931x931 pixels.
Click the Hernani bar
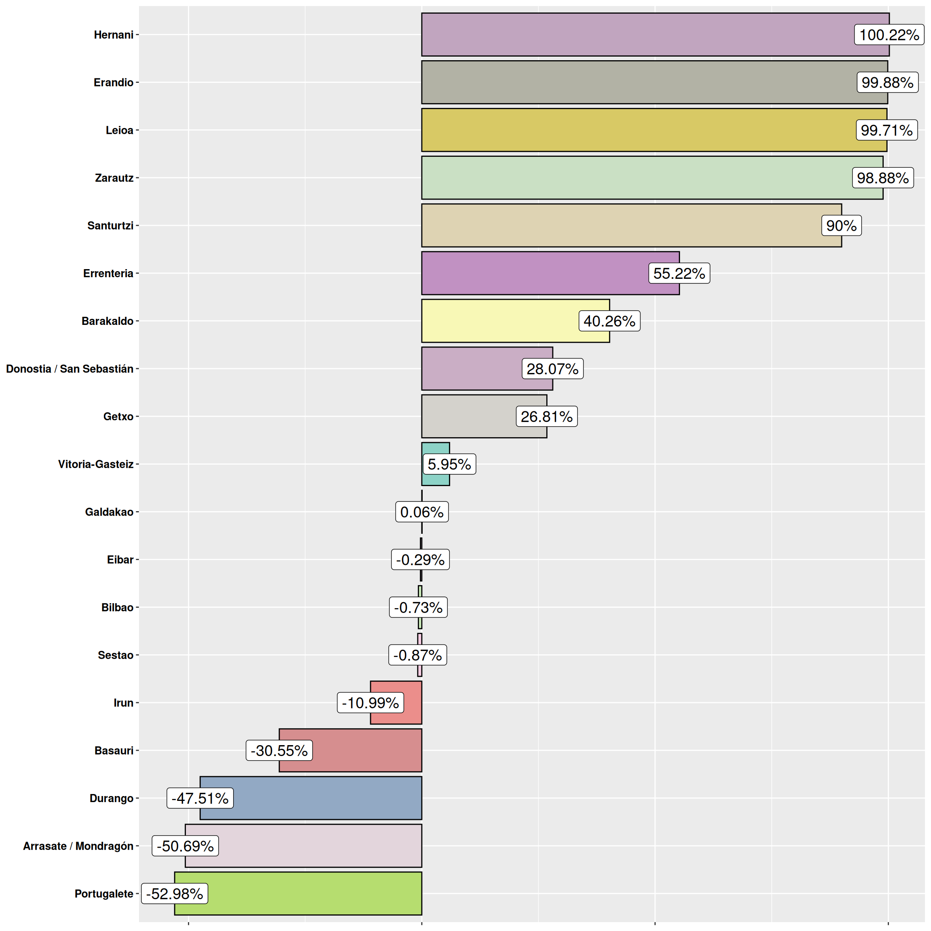626,35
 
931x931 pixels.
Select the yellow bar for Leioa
626,130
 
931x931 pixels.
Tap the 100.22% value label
889,35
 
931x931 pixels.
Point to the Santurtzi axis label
110,225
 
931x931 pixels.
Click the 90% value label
841,225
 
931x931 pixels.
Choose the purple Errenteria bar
530,273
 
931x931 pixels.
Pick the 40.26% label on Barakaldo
609,321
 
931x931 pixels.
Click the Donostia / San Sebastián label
70,369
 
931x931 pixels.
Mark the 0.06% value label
421,512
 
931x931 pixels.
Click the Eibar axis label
120,560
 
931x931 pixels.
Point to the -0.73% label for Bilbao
418,607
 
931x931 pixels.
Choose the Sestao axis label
116,655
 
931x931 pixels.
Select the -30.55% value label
279,750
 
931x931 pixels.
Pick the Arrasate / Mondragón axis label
78,846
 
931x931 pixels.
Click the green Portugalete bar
313,893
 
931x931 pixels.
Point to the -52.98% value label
175,893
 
